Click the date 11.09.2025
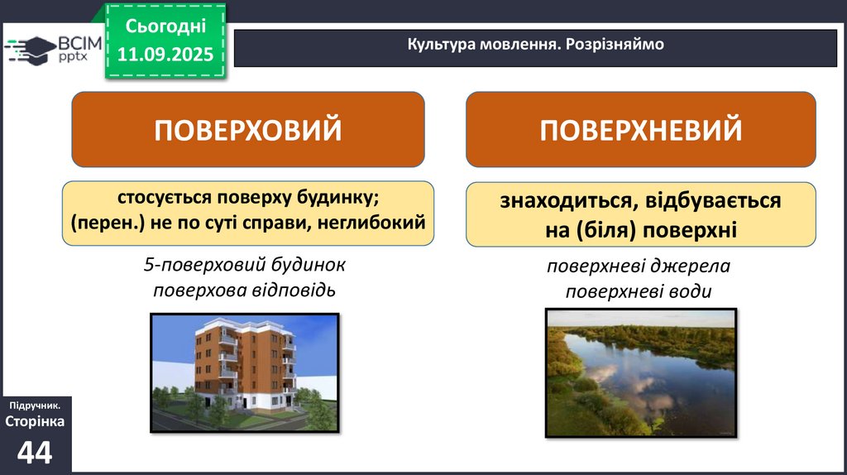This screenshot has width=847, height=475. (165, 54)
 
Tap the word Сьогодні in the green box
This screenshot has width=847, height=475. (165, 26)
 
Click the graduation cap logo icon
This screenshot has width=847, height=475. (32, 50)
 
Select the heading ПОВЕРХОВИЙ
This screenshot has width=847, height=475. (248, 130)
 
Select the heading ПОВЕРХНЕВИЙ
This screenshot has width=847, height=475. (641, 130)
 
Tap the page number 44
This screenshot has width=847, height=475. (35, 452)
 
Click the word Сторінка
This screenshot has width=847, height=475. (35, 421)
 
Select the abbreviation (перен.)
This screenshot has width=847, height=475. (108, 223)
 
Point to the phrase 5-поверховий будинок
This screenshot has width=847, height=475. (244, 265)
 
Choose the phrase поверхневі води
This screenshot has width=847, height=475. (638, 292)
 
